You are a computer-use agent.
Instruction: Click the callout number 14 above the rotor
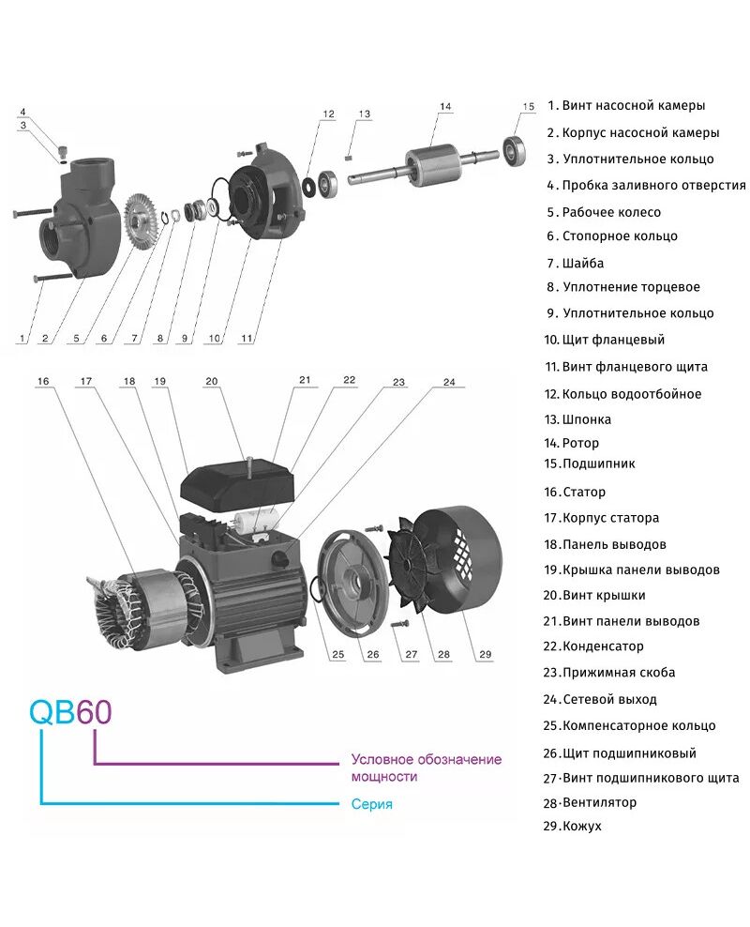445,107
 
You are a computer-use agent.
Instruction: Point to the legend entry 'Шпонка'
586,419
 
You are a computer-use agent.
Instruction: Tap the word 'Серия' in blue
371,804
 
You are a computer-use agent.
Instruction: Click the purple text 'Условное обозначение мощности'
426,767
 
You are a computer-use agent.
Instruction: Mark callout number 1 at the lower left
21,335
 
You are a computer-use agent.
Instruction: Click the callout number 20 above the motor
211,381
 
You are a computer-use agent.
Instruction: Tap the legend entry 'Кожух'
582,827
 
